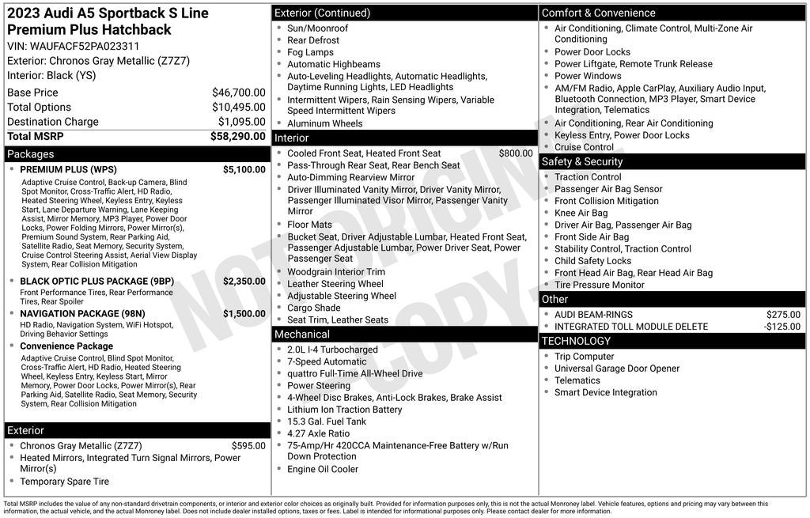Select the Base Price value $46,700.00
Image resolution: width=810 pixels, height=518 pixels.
(x=238, y=93)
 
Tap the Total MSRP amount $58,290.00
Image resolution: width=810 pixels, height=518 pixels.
(x=237, y=136)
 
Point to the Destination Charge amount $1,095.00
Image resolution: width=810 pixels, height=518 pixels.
(x=241, y=122)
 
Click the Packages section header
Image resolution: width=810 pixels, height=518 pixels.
(x=31, y=154)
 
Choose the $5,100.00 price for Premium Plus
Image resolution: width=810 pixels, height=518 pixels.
(x=244, y=169)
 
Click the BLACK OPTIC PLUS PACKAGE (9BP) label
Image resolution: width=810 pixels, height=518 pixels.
(x=97, y=281)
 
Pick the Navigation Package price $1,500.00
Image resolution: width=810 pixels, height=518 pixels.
(x=244, y=313)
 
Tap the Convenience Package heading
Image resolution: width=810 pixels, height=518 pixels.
(x=66, y=346)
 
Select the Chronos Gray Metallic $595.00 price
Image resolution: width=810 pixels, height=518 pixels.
(x=248, y=445)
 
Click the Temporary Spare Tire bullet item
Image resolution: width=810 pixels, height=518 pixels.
(x=64, y=482)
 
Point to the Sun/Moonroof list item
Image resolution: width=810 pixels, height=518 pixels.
(x=317, y=28)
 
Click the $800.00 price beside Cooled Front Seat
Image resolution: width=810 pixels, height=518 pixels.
(x=516, y=153)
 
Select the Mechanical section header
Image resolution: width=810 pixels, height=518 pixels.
(x=301, y=335)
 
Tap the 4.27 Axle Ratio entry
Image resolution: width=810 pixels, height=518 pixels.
(x=318, y=433)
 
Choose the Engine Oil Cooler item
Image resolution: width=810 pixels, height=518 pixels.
(x=323, y=469)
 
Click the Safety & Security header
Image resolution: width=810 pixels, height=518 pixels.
(x=582, y=161)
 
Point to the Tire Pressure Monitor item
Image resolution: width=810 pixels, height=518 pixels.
(x=599, y=285)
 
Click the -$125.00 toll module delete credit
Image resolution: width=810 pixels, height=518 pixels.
(x=782, y=327)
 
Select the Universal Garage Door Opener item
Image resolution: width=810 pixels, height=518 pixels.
(x=617, y=369)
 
